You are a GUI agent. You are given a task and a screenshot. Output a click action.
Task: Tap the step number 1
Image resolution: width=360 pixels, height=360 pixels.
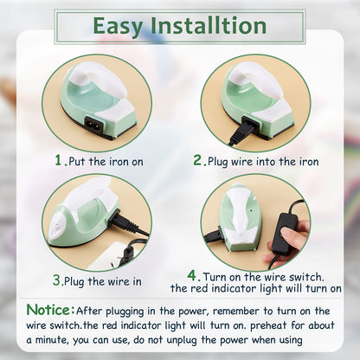point(59,160)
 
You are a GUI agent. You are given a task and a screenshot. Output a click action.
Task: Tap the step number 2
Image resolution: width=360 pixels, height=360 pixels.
point(198,160)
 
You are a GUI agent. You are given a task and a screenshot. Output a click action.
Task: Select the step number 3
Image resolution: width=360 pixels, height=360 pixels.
point(56,280)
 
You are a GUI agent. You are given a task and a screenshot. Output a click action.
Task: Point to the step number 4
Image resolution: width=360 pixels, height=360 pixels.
point(191,274)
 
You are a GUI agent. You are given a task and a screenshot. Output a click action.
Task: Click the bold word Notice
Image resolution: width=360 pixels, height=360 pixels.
point(48,309)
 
